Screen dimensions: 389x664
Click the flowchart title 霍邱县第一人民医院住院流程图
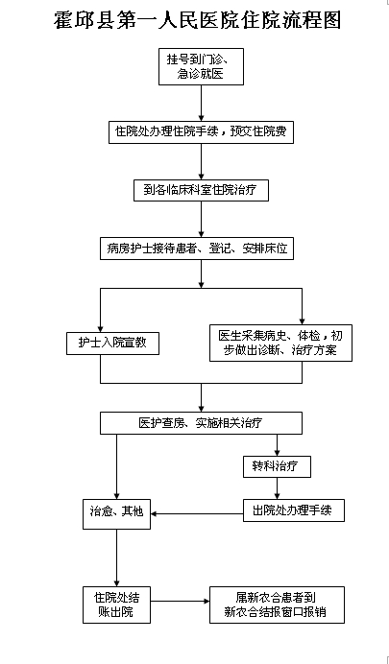click(x=198, y=20)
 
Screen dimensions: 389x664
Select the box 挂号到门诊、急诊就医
click(x=201, y=67)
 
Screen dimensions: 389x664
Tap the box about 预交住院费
click(x=201, y=132)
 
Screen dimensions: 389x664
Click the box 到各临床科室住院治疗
click(x=201, y=190)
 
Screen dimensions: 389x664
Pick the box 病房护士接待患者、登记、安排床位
click(x=197, y=249)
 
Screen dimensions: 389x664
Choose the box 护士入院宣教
click(x=112, y=343)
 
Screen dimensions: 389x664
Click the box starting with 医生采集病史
click(x=280, y=343)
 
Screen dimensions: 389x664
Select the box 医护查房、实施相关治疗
click(x=201, y=423)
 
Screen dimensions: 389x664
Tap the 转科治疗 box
click(x=278, y=466)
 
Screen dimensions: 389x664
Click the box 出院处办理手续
click(x=294, y=510)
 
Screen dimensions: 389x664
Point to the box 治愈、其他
click(x=116, y=514)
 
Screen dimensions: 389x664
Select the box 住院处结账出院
click(x=116, y=605)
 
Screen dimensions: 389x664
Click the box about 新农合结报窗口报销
click(x=277, y=605)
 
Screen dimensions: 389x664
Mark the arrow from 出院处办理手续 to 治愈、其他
click(x=197, y=514)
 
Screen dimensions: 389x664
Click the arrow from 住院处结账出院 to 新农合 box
click(x=181, y=601)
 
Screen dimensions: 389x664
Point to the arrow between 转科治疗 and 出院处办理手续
click(x=278, y=488)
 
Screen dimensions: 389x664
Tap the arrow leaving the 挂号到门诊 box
click(x=202, y=104)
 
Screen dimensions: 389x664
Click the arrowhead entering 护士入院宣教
click(x=101, y=329)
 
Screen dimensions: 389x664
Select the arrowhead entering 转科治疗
click(x=278, y=453)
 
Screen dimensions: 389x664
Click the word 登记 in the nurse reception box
click(x=220, y=249)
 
